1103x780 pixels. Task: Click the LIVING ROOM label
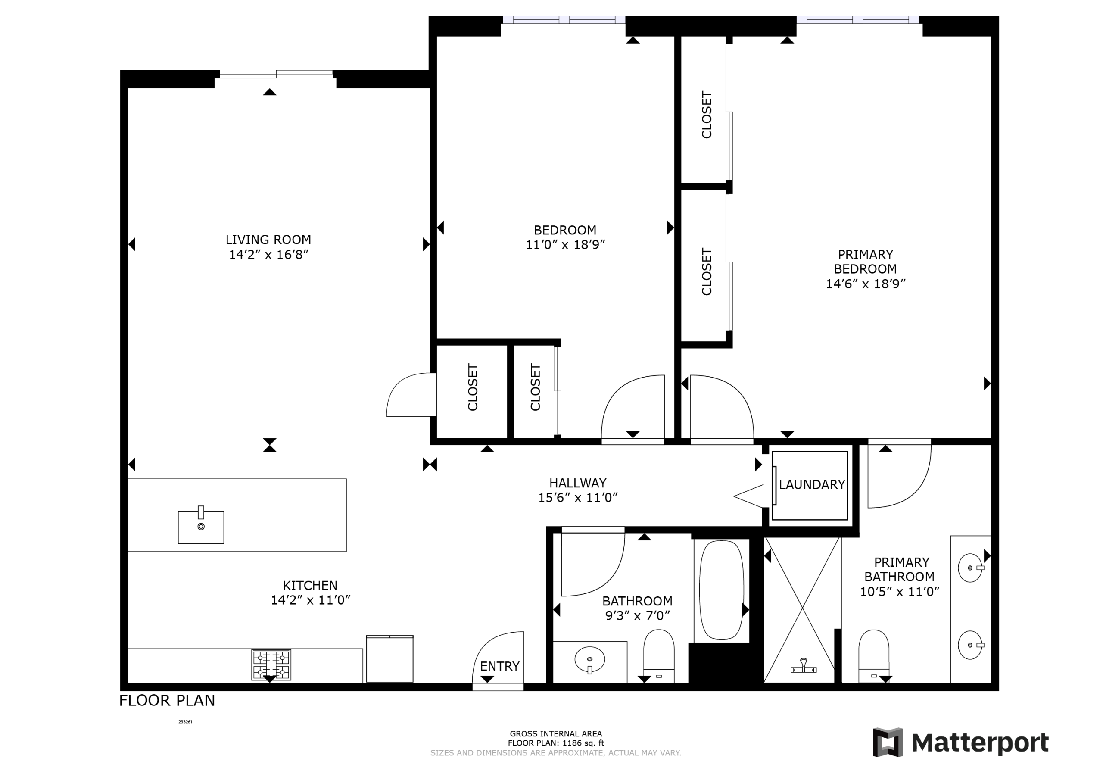tap(268, 239)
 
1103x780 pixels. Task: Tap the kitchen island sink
tap(201, 527)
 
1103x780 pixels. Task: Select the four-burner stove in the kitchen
tap(271, 665)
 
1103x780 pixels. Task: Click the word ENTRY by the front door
tap(500, 666)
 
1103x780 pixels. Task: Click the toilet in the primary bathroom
tap(873, 656)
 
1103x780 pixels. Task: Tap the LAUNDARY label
tap(811, 484)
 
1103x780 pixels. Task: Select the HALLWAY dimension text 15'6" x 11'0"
tap(577, 497)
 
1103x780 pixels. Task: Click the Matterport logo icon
tap(887, 743)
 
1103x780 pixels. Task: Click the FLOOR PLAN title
tap(167, 701)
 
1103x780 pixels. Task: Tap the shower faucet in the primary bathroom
tap(803, 667)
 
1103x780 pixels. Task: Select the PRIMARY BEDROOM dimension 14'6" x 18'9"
tap(865, 284)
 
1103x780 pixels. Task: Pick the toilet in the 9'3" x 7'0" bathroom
tap(659, 655)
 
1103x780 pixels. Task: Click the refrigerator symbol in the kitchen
tap(389, 659)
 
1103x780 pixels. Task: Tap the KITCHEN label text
tap(310, 585)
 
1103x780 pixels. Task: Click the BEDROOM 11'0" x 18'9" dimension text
tap(565, 245)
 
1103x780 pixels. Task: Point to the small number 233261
tap(185, 721)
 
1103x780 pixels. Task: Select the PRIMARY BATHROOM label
tap(900, 570)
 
